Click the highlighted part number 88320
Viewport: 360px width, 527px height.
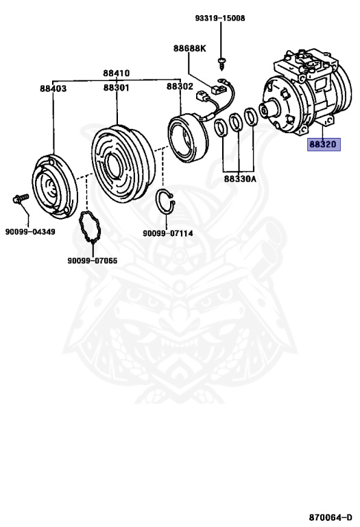tap(324, 145)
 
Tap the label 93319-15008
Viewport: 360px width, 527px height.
tap(220, 18)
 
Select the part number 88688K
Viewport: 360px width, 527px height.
tap(189, 49)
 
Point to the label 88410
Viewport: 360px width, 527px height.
tap(116, 73)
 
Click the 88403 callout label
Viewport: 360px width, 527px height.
tap(53, 89)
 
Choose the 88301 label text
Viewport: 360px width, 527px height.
tap(116, 88)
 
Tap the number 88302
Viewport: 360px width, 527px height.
tap(180, 86)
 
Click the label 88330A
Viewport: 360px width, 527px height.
tap(240, 179)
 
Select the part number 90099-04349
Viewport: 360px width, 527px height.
tap(30, 232)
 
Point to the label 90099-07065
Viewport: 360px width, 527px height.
tap(93, 261)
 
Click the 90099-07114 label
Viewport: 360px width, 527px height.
tap(168, 233)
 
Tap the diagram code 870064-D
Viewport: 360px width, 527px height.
tap(331, 517)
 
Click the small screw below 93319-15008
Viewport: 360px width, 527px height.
tap(221, 64)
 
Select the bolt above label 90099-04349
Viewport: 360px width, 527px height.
tap(20, 198)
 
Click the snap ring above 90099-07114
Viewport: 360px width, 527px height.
tap(166, 202)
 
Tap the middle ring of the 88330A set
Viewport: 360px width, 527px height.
tap(236, 122)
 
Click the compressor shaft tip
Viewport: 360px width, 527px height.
tap(263, 110)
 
